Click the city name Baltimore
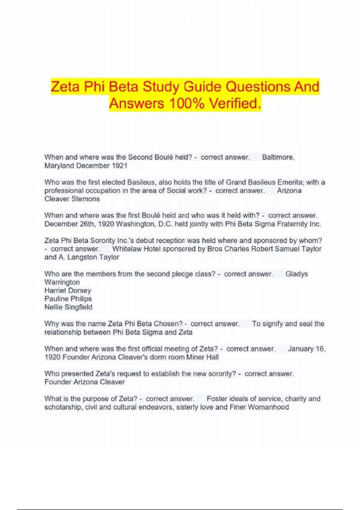[x=278, y=157]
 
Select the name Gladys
[x=296, y=274]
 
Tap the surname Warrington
[x=62, y=282]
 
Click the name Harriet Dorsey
[x=67, y=290]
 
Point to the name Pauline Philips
[x=68, y=299]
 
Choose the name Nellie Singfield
[x=68, y=307]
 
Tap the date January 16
[x=306, y=349]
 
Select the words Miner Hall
[x=202, y=357]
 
